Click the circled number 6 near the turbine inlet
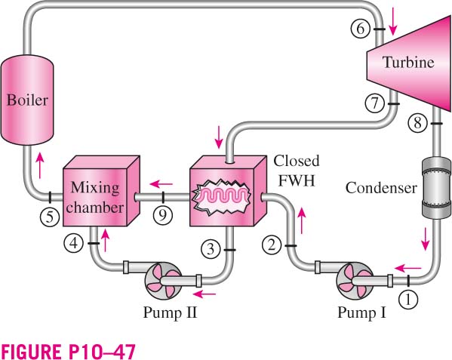361,29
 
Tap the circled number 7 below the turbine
374,103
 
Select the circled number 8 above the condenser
417,123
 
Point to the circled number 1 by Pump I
408,300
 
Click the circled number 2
272,245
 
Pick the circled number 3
211,249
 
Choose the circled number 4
74,243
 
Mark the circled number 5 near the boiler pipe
50,217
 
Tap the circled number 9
163,215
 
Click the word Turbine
408,62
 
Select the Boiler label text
27,100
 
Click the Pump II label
170,312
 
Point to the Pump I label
361,312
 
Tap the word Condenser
381,188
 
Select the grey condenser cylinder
436,187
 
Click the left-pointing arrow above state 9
161,183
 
